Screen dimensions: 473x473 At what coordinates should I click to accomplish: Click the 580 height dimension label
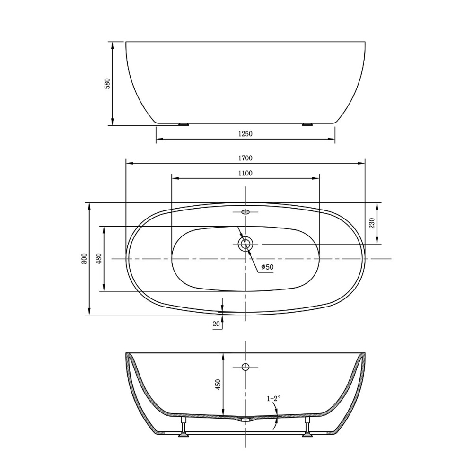107,84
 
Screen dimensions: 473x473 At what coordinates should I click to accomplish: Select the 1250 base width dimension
245,134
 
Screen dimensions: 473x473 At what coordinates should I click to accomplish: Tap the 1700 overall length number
245,158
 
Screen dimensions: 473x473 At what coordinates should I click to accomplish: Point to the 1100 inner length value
245,173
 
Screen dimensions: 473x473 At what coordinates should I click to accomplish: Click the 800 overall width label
84,259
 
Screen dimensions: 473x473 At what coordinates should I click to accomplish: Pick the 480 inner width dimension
99,259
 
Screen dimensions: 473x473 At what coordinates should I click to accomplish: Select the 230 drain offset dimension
372,223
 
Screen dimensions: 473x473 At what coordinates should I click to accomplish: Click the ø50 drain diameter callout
267,267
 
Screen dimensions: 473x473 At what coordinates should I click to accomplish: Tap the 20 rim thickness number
216,324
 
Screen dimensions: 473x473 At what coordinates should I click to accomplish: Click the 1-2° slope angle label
274,399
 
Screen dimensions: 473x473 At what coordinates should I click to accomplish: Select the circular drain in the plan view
245,244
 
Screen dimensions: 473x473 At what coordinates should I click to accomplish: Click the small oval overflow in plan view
245,212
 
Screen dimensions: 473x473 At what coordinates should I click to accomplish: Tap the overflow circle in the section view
245,367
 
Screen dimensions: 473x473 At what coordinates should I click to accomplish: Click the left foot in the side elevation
183,125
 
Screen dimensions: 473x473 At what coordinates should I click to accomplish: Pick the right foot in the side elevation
307,125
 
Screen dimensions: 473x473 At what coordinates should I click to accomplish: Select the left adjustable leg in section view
183,427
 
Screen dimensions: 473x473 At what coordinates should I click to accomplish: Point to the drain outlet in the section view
245,419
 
